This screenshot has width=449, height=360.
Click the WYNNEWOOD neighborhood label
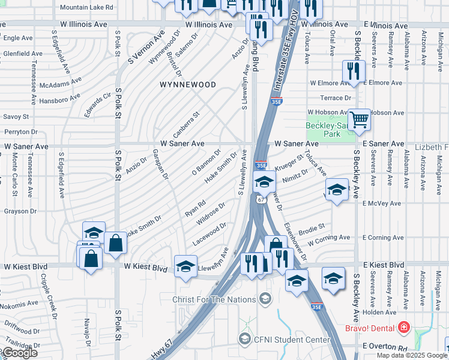(187, 85)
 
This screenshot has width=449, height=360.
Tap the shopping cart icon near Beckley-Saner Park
(359, 119)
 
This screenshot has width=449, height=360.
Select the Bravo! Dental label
(369, 328)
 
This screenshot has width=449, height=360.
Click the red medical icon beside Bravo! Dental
(404, 328)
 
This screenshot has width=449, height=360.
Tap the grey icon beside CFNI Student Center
(244, 340)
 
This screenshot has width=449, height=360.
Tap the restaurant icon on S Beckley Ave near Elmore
(353, 71)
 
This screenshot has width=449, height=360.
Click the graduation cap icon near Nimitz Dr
(264, 181)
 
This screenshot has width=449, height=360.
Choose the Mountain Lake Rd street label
(86, 7)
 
